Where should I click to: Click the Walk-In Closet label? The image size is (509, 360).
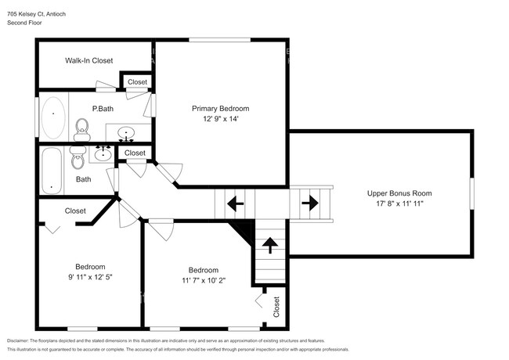[89, 60]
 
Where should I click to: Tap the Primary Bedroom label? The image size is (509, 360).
[221, 109]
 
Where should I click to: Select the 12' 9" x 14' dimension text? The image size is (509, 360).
[221, 120]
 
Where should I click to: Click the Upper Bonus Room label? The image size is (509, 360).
[399, 193]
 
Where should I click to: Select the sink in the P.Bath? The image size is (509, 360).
[125, 131]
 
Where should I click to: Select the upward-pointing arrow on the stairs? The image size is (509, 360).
[270, 246]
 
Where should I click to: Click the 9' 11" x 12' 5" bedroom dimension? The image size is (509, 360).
[90, 277]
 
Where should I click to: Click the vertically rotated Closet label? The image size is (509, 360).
[276, 306]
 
